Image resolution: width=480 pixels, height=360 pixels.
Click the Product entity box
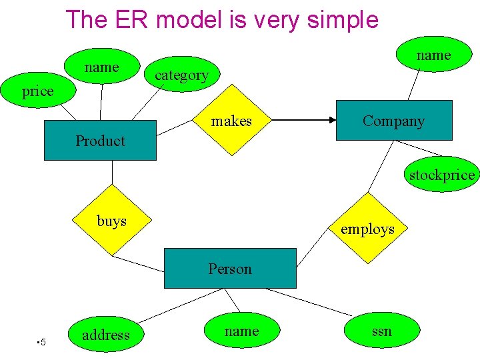(x=100, y=141)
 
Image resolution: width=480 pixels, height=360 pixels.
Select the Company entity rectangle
(x=393, y=121)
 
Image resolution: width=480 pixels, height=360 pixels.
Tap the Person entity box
(x=229, y=269)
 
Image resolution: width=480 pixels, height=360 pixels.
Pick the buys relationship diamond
(x=112, y=221)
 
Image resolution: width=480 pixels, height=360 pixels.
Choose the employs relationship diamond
(x=367, y=229)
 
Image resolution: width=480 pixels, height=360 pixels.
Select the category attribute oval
(x=181, y=75)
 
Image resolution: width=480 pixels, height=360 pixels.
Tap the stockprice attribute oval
(x=442, y=175)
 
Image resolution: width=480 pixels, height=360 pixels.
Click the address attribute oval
(x=105, y=335)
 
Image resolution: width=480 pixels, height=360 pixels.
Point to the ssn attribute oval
(x=382, y=331)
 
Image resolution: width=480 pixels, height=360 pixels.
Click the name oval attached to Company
(x=433, y=55)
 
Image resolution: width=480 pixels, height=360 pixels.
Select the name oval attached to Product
(x=101, y=67)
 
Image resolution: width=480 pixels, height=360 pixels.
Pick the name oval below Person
(x=241, y=331)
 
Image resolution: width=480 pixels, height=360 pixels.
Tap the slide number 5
(x=42, y=343)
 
